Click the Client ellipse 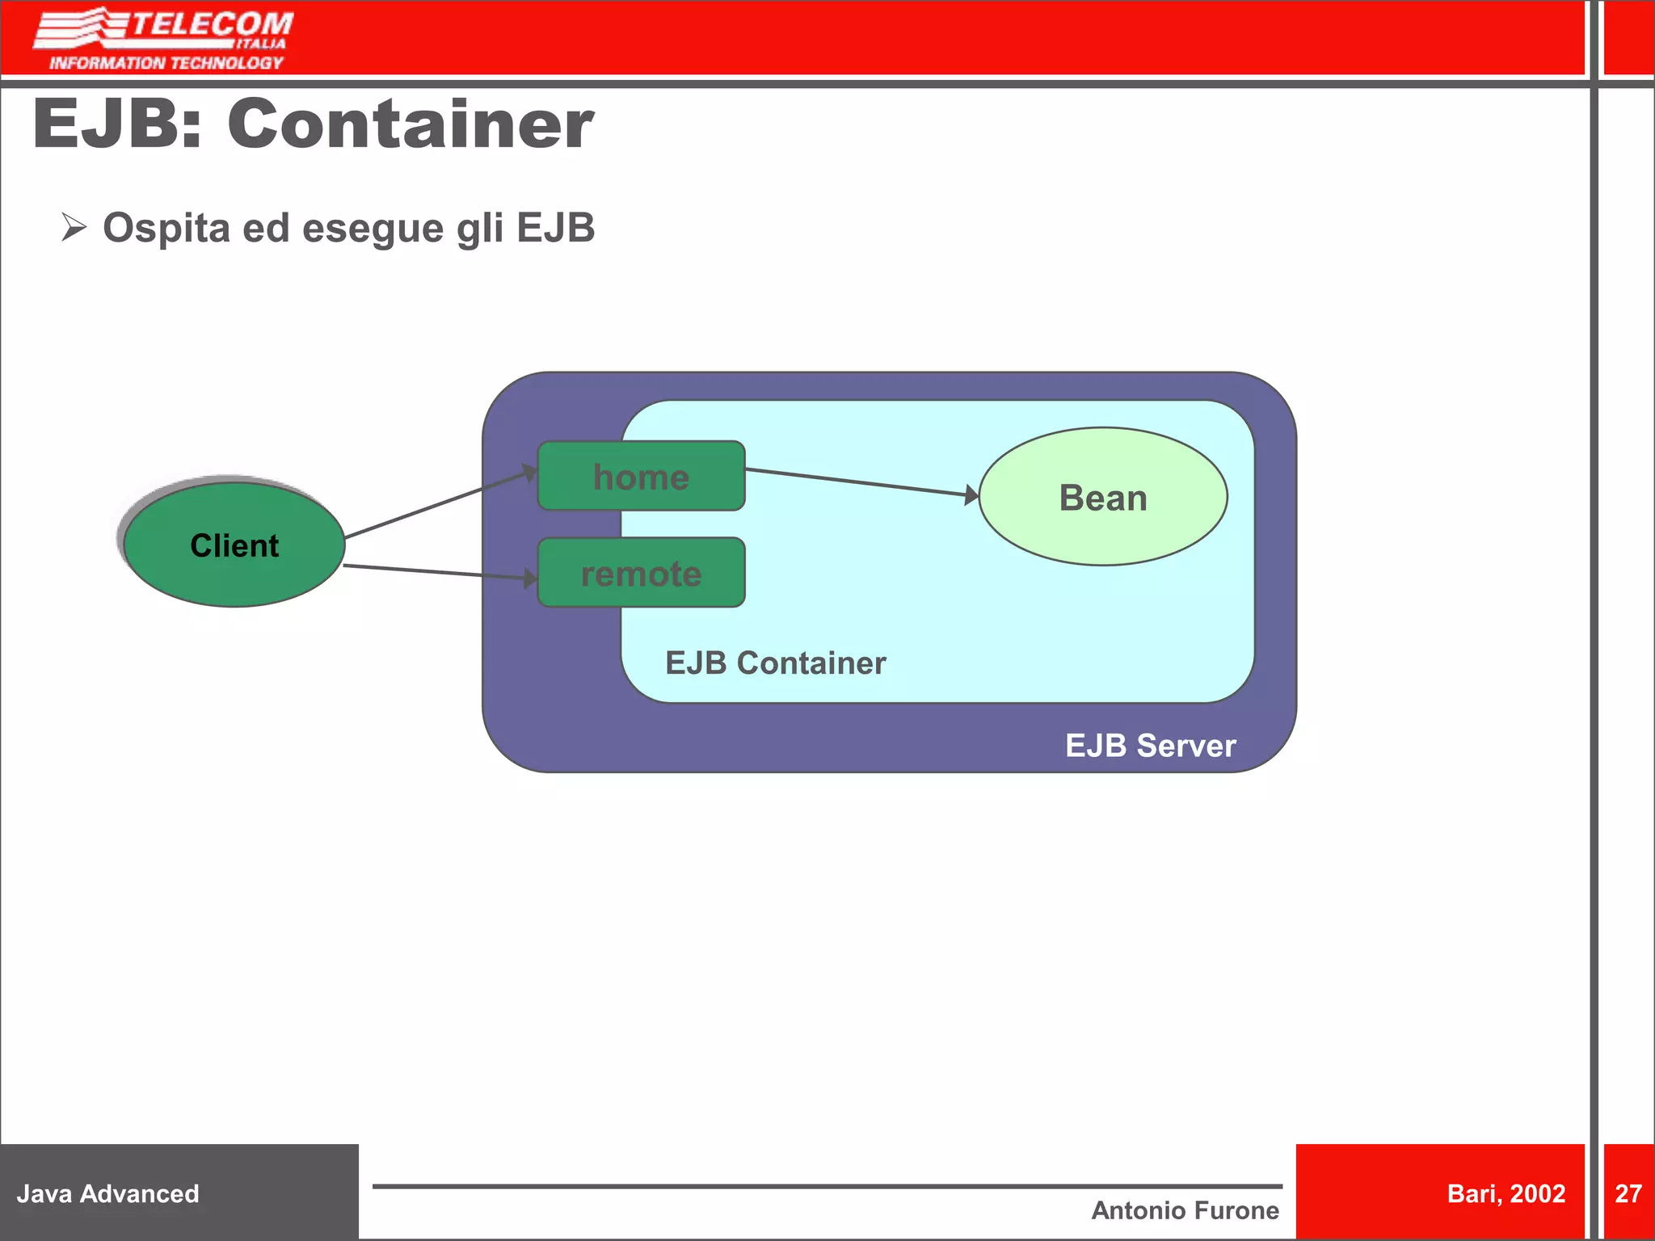(x=234, y=545)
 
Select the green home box (x=641, y=477)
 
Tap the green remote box (x=641, y=573)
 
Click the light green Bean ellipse (x=1103, y=497)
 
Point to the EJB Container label (x=775, y=663)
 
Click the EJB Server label (x=1150, y=745)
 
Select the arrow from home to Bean (x=861, y=482)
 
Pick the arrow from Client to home (x=440, y=502)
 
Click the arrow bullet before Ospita (x=74, y=227)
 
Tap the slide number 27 (x=1628, y=1193)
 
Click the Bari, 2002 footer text (x=1506, y=1193)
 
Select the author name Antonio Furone (x=1185, y=1210)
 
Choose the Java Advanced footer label (x=107, y=1193)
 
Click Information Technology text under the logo (x=166, y=63)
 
